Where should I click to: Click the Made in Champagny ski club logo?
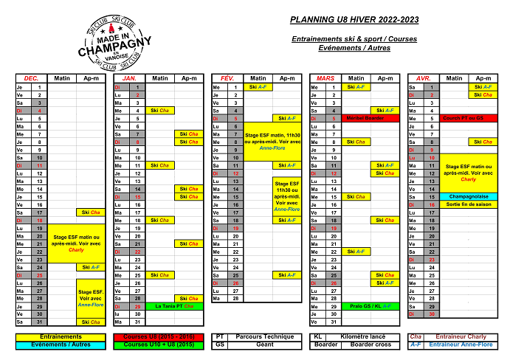[x=108, y=41]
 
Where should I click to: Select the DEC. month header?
[x=31, y=77]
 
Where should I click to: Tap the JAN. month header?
[x=129, y=77]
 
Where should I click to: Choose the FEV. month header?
[x=227, y=77]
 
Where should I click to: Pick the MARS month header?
[x=325, y=77]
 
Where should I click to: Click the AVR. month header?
[x=423, y=77]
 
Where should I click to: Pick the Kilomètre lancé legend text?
[x=362, y=336]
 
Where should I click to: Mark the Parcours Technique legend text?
[x=263, y=336]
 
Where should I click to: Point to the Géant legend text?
[x=263, y=345]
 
